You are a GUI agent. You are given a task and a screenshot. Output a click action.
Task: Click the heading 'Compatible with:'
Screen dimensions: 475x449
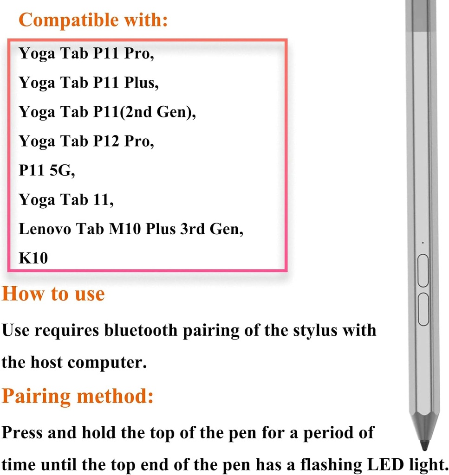coord(93,20)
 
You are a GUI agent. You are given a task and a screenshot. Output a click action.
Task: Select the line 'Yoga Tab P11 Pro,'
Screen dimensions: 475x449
coord(86,54)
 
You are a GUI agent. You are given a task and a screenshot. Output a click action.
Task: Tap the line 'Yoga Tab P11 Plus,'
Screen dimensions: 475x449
coord(89,83)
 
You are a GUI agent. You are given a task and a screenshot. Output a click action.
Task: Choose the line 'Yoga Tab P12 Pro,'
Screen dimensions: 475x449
coord(86,141)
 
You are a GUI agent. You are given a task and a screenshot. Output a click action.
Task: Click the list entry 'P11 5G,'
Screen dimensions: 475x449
coord(47,171)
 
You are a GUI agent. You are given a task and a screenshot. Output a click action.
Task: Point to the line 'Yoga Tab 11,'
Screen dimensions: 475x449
coord(66,200)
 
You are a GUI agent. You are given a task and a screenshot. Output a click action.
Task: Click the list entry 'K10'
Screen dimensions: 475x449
coord(33,258)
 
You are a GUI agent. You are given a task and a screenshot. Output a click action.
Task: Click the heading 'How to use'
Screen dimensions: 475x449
coord(53,294)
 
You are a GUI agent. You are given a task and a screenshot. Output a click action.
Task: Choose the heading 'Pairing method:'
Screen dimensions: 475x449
coord(77,397)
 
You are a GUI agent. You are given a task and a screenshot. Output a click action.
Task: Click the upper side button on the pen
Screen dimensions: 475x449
coord(423,270)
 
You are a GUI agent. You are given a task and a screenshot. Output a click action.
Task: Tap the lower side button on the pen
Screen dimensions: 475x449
coord(423,308)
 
